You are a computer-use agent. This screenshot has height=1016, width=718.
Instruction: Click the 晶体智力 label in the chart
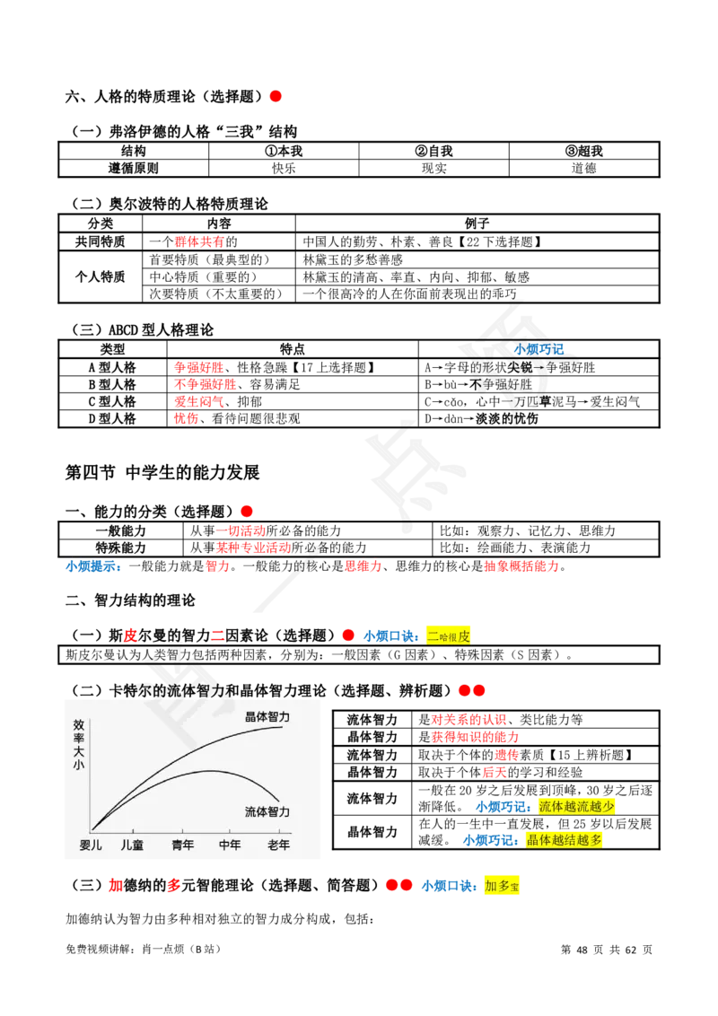(267, 717)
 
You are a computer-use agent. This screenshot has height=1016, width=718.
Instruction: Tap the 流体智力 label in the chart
(267, 811)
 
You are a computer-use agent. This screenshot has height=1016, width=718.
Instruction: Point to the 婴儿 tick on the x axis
(91, 845)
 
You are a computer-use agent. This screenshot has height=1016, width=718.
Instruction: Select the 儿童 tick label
(132, 845)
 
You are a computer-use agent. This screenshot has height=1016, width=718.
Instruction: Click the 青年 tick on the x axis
(183, 845)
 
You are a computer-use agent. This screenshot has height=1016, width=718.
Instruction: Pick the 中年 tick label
(231, 845)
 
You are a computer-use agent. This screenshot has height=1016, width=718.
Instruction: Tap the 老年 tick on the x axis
(278, 845)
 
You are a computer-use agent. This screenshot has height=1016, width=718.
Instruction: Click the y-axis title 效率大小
(78, 745)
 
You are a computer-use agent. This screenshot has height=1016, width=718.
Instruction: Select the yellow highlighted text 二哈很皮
(448, 635)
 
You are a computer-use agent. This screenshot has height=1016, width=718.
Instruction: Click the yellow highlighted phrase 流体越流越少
(577, 806)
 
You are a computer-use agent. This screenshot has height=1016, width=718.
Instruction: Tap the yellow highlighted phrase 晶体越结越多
(565, 840)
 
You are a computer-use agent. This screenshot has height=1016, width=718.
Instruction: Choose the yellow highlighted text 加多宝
(502, 886)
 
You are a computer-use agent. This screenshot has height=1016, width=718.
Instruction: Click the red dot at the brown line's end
(276, 95)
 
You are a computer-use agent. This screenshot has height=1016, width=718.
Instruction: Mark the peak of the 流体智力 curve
(209, 770)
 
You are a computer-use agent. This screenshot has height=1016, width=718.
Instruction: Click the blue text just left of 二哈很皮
(390, 636)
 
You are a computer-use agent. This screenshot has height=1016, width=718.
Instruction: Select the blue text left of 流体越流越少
(502, 806)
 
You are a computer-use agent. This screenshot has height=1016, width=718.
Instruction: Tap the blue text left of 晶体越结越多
(491, 840)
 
